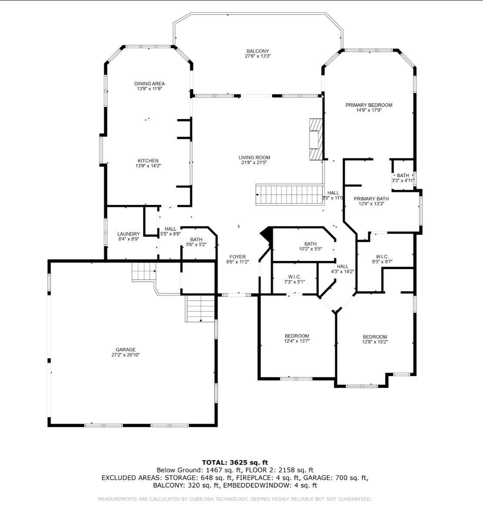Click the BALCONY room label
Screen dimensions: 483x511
coord(258,51)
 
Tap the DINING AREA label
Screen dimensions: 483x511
coord(150,84)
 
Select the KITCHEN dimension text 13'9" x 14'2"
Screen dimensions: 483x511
coord(148,166)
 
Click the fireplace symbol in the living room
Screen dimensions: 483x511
coord(316,139)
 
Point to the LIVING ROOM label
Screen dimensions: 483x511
coord(254,158)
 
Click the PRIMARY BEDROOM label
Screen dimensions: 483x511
coord(369,105)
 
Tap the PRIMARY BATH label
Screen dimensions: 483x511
coord(371,199)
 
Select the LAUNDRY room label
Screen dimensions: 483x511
coord(129,234)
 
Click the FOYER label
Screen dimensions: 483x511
coord(237,257)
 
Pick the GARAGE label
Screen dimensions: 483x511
coord(126,349)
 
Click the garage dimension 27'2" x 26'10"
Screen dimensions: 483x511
coord(126,355)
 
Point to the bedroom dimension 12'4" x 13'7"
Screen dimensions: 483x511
coord(297,341)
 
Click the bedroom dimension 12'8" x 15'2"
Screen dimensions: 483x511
coord(375,342)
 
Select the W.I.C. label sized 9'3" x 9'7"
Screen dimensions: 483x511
coord(382,257)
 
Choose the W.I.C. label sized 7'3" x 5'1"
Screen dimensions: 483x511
coord(295,277)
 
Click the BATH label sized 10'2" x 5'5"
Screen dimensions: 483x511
coord(310,244)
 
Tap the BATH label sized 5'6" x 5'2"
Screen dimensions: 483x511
coord(196,240)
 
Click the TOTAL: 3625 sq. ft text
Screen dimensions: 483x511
coord(235,462)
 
